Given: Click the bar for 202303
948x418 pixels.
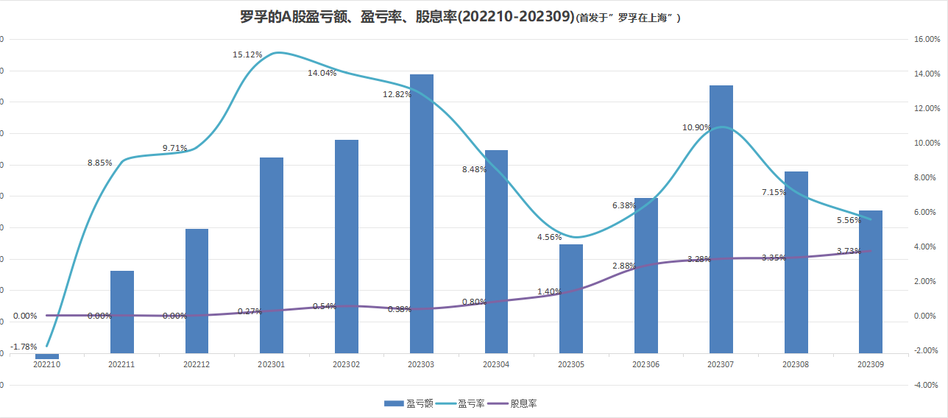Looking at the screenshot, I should coord(422,213).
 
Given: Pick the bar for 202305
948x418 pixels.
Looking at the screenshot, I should coord(571,298).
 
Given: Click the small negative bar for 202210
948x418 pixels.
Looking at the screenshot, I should coord(47,356).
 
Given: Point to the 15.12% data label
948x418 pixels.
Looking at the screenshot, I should coord(246,54).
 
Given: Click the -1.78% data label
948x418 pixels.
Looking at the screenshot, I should coord(24,347).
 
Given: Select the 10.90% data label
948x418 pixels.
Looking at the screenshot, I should coord(696,127).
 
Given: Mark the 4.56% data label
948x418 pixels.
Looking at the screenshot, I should coord(549,237).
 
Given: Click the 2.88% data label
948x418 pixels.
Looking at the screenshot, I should coord(624,265).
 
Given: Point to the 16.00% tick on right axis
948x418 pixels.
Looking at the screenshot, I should coord(926,39).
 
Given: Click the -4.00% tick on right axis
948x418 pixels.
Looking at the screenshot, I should coord(926,385).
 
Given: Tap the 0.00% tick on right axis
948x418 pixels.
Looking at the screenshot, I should coord(926,316).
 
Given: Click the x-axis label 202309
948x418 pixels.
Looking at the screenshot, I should coord(871,364).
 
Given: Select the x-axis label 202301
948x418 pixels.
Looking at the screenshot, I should coord(272,364).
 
